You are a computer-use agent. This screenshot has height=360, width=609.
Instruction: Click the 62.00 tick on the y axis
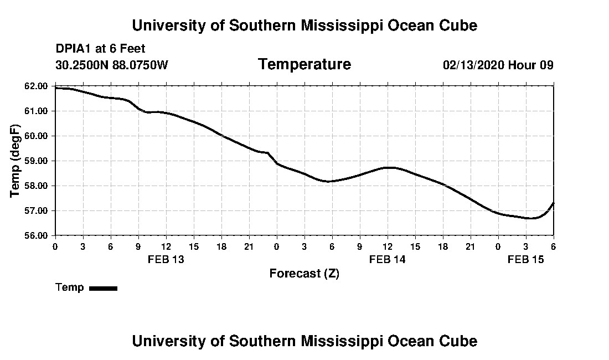[x=40, y=86]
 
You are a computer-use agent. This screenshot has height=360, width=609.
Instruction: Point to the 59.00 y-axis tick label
[x=40, y=161]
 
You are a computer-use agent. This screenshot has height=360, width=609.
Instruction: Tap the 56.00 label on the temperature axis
[x=40, y=235]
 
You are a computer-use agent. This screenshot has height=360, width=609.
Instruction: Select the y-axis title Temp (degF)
[x=16, y=161]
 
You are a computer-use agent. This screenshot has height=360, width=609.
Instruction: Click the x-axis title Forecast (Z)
[x=304, y=273]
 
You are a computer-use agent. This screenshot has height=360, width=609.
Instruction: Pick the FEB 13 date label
[x=166, y=259]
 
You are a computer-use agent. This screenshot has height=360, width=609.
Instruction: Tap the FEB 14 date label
[x=387, y=259]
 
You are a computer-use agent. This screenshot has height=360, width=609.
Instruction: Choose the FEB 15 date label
[x=525, y=259]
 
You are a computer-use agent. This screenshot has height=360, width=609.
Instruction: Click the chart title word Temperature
[x=304, y=65]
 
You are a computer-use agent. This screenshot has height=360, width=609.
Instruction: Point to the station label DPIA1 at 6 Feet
[x=100, y=49]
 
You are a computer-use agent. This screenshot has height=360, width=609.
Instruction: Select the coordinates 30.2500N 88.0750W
[x=111, y=65]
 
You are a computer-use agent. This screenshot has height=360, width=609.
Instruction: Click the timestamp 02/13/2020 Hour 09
[x=498, y=65]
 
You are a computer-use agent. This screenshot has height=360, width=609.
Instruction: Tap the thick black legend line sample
[x=104, y=288]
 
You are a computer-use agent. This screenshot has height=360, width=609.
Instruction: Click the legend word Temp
[x=70, y=287]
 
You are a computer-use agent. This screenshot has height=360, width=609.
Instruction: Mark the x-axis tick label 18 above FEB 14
[x=442, y=246]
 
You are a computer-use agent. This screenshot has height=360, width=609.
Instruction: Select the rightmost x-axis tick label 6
[x=553, y=246]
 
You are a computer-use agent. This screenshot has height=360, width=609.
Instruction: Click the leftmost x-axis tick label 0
[x=55, y=246]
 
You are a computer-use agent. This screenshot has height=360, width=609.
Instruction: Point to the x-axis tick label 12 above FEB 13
[x=166, y=246]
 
